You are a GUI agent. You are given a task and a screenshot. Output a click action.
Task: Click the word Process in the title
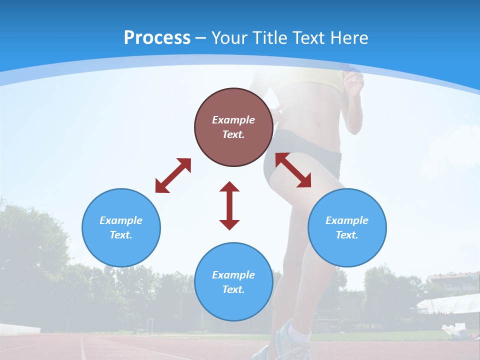pos(157,38)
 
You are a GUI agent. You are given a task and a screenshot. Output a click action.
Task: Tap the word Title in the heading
pos(268,38)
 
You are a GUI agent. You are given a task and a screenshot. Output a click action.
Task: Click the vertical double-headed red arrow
pos(229,205)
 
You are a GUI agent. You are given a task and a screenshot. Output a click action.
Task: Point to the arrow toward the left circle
pos(173,175)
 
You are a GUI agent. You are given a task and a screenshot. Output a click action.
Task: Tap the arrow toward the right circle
pos(293,170)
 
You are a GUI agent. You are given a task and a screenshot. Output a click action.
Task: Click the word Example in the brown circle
pos(233,120)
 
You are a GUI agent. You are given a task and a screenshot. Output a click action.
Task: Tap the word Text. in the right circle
pos(347,235)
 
